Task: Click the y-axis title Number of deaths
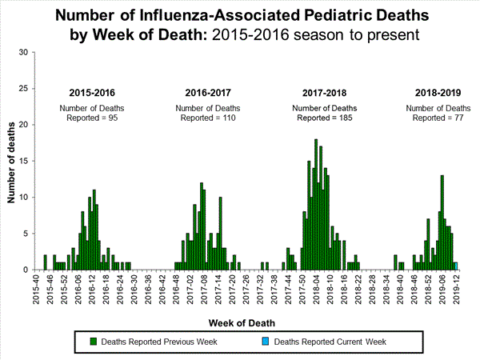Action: pos(10,161)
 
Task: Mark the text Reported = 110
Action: pos(208,118)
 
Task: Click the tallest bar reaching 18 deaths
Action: pos(316,205)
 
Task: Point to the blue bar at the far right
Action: pos(456,266)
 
